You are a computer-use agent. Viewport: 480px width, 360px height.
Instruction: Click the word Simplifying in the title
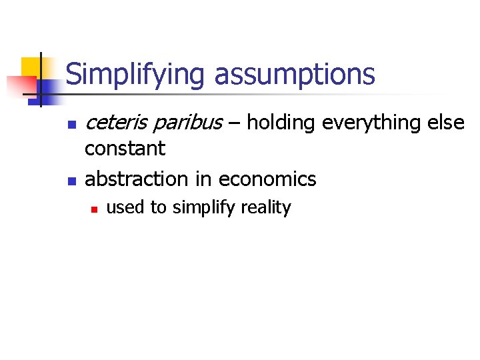pyautogui.click(x=137, y=75)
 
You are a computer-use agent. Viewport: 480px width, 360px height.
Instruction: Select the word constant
pyautogui.click(x=125, y=149)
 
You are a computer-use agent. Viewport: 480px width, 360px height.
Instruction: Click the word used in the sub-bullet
pyautogui.click(x=127, y=208)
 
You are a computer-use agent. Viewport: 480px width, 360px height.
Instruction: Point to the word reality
pyautogui.click(x=266, y=208)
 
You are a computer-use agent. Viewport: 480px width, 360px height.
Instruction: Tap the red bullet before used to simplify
pyautogui.click(x=95, y=209)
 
